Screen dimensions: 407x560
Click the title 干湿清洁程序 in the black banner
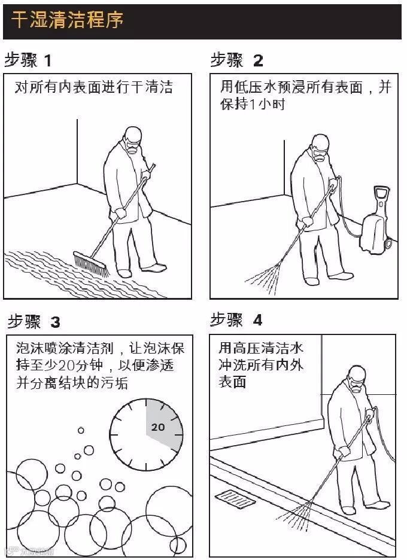coord(67,19)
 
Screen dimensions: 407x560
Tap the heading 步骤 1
coord(28,60)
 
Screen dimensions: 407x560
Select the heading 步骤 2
coord(237,60)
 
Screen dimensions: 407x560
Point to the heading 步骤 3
coord(34,321)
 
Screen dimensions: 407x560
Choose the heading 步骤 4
coord(236,319)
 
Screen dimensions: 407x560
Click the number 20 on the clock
coord(158,427)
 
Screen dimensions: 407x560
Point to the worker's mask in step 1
coord(132,147)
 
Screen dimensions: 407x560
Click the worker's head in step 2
coord(320,147)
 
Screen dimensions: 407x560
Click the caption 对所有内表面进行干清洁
coord(93,87)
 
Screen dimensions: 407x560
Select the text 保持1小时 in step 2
coord(252,104)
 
